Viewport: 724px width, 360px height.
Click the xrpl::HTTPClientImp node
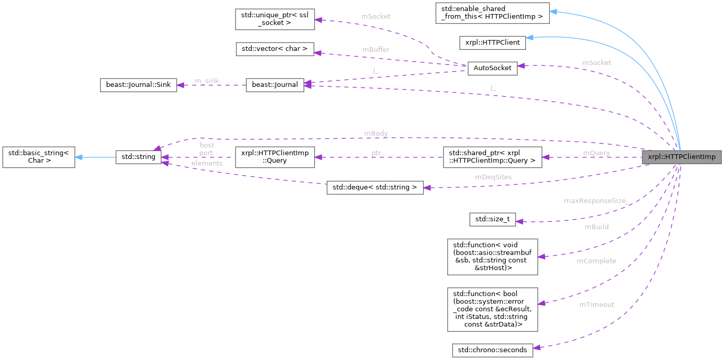(x=681, y=157)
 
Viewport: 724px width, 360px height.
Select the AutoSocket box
(x=492, y=68)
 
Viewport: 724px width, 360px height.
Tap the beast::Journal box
(x=275, y=85)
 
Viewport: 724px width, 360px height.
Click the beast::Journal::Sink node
(x=138, y=85)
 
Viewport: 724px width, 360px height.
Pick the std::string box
(x=138, y=156)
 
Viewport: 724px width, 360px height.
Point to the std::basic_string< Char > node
(x=39, y=157)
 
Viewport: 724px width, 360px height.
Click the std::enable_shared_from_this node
(x=492, y=12)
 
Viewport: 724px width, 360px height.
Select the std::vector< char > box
(x=275, y=49)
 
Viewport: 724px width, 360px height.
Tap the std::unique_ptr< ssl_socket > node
(x=275, y=20)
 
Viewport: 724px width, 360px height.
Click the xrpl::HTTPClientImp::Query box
(x=275, y=157)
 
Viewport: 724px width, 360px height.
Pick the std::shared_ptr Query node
(x=492, y=157)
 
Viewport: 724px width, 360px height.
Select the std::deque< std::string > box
(x=375, y=188)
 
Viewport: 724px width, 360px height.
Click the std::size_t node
(x=492, y=219)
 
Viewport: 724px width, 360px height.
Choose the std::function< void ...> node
(x=492, y=256)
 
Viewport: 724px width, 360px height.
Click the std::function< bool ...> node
(x=492, y=309)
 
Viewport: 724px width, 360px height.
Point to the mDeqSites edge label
(x=493, y=177)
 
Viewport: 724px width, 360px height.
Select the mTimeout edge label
(x=597, y=304)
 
